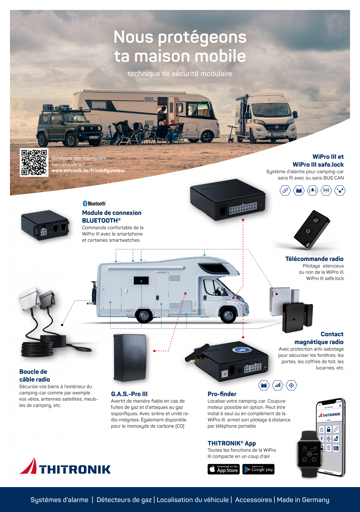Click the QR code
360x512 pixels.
(34, 162)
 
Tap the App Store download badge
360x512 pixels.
(223, 469)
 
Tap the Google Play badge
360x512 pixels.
(258, 469)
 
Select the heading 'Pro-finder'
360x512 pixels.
(222, 394)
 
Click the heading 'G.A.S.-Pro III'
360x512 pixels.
(129, 394)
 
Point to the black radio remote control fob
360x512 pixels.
(312, 229)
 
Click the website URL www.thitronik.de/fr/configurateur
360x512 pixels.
(88, 170)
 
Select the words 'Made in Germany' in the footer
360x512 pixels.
(303, 500)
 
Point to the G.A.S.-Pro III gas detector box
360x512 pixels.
(130, 358)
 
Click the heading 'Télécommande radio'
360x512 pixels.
(314, 259)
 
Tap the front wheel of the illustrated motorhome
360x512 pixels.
(228, 316)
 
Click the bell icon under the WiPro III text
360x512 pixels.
(313, 190)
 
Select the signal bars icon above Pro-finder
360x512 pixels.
(277, 385)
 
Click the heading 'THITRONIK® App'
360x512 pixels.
(232, 443)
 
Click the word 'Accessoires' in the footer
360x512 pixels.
(253, 500)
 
